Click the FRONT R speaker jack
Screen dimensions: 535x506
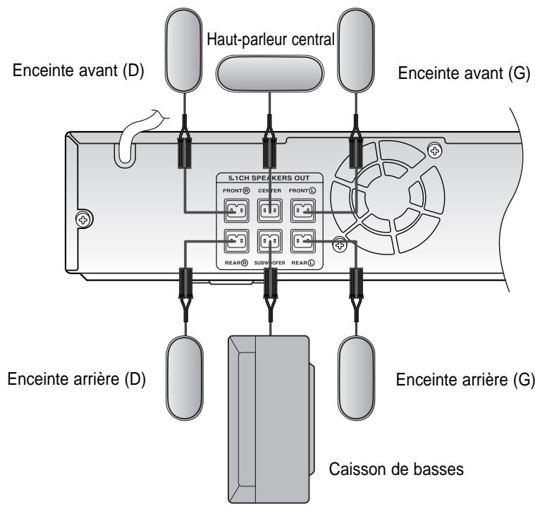236,211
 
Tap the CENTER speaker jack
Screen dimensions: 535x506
270,211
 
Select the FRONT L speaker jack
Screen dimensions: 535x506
303,211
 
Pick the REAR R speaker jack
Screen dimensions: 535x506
236,241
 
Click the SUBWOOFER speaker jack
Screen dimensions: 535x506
270,241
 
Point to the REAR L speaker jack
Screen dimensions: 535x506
303,241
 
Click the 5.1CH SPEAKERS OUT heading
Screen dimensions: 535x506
269,178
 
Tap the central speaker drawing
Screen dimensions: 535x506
269,74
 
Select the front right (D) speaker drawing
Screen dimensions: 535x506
183,50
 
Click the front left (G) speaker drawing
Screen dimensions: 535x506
356,50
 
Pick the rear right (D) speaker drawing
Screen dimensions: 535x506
185,378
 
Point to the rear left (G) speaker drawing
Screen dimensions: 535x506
357,378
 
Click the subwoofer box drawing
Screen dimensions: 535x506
271,419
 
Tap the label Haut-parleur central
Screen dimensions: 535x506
271,39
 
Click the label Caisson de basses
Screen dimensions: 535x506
396,469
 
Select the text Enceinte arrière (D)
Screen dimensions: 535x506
76,378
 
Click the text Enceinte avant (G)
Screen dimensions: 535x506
464,73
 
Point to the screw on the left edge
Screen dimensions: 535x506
84,219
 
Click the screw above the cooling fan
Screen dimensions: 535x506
435,150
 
